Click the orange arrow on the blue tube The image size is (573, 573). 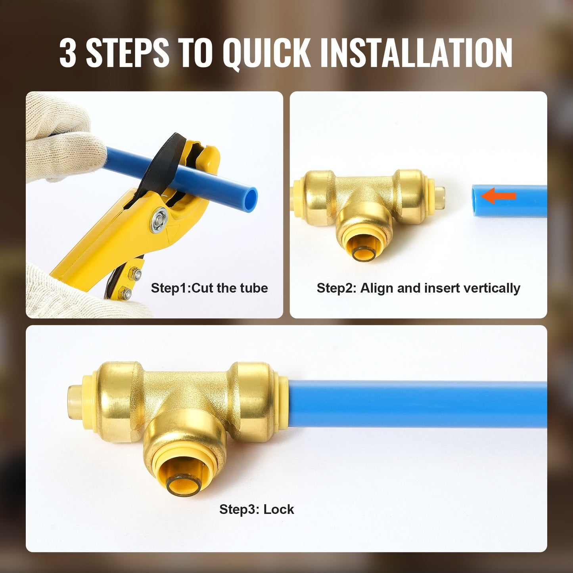498,195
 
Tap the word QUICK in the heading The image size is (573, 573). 266,53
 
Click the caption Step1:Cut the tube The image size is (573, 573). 209,288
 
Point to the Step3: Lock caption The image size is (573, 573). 257,509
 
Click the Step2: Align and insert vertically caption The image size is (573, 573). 418,288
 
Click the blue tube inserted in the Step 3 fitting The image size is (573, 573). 416,404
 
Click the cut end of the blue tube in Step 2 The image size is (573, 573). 475,201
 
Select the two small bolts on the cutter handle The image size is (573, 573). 131,284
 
